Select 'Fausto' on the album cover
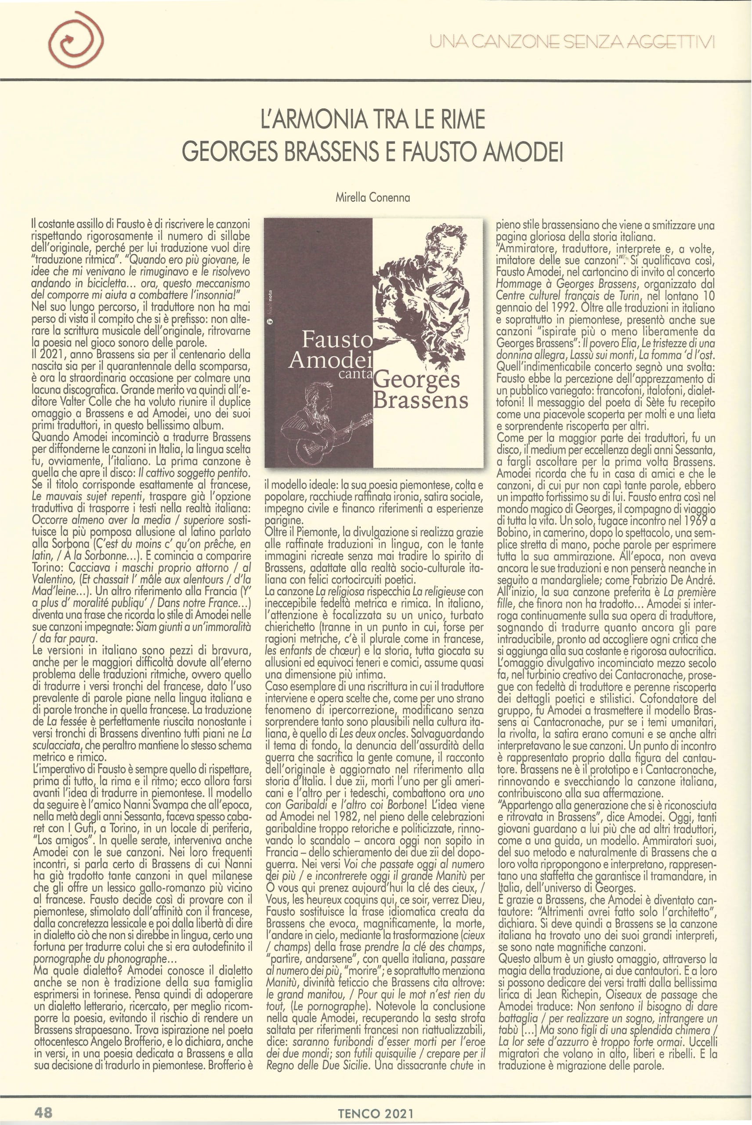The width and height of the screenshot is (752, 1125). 336,341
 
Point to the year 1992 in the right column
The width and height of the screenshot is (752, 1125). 558,308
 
